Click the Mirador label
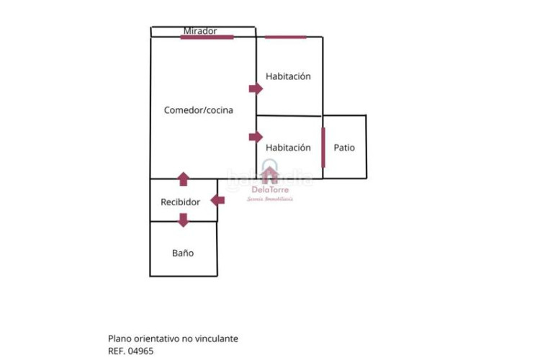(200, 31)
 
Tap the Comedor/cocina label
(198, 110)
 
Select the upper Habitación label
(288, 76)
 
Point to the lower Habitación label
(288, 148)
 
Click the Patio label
(344, 148)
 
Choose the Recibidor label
(180, 202)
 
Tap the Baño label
(183, 253)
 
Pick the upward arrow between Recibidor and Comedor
(184, 179)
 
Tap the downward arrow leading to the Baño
(184, 220)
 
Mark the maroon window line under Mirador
(207, 37)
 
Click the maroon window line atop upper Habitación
(285, 37)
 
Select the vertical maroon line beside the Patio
(323, 147)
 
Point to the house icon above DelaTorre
(269, 175)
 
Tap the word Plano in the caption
(120, 338)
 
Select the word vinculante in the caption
(217, 338)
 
